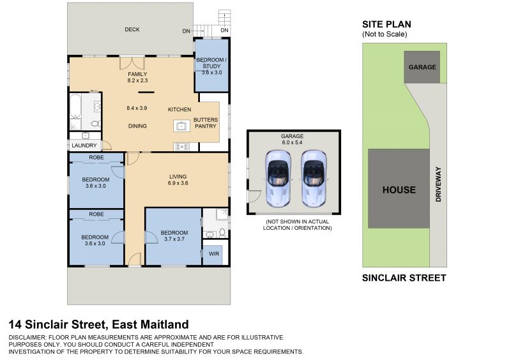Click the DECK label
pyautogui.click(x=132, y=29)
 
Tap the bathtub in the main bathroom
pyautogui.click(x=75, y=106)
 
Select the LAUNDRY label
pyautogui.click(x=84, y=146)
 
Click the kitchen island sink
pyautogui.click(x=181, y=126)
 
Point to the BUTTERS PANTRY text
pyautogui.click(x=206, y=123)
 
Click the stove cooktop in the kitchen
pyautogui.click(x=182, y=147)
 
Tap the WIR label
pyautogui.click(x=214, y=253)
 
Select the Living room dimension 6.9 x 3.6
pyautogui.click(x=178, y=183)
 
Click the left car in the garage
pyautogui.click(x=278, y=179)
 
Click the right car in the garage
pyautogui.click(x=314, y=179)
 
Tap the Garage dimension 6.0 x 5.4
pyautogui.click(x=293, y=142)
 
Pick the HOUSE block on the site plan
pyautogui.click(x=399, y=189)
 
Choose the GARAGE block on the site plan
pyautogui.click(x=422, y=67)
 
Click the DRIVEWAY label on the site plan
pyautogui.click(x=438, y=184)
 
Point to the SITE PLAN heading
pyautogui.click(x=386, y=24)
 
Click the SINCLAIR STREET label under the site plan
pyautogui.click(x=404, y=278)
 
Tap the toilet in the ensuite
pyautogui.click(x=222, y=232)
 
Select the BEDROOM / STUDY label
pyautogui.click(x=211, y=63)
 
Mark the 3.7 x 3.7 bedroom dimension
pyautogui.click(x=174, y=239)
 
